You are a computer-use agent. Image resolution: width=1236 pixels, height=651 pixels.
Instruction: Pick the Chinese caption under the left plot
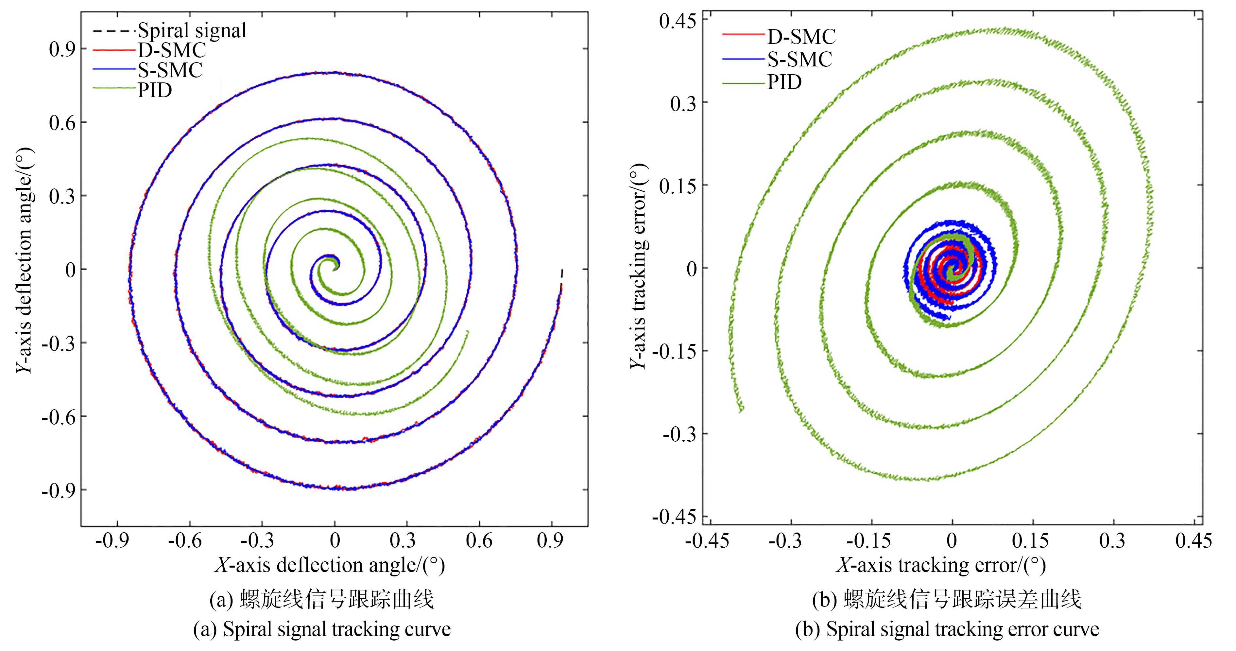click(x=321, y=600)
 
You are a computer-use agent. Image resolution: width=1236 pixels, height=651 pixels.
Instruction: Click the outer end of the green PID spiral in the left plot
click(x=468, y=331)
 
